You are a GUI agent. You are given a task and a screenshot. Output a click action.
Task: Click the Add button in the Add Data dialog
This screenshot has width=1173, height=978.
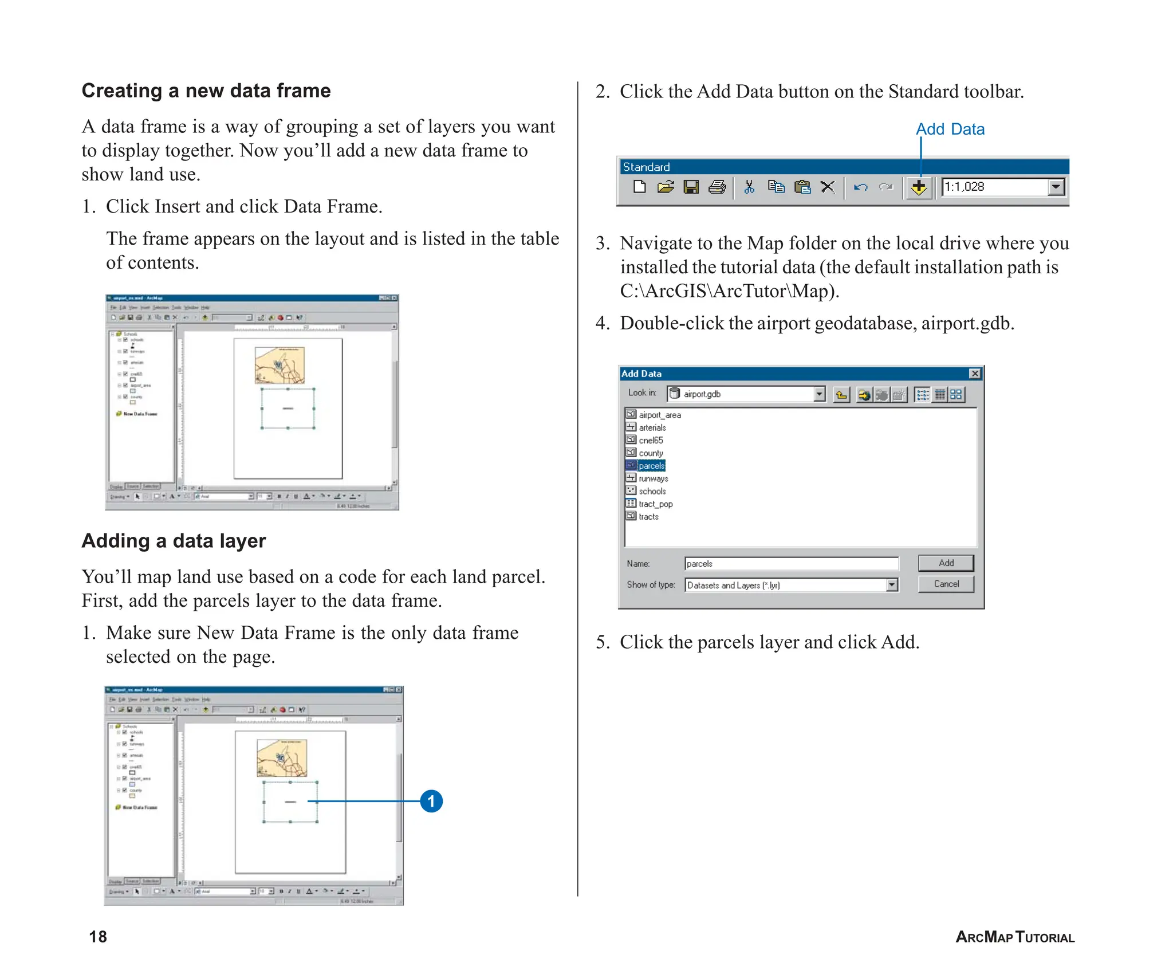coord(946,563)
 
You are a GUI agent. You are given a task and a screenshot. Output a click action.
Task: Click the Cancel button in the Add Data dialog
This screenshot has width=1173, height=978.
coord(946,584)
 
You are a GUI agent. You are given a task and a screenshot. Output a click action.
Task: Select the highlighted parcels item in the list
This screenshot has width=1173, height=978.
coord(651,466)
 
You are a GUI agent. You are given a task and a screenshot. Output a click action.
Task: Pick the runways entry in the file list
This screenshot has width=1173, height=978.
coord(653,478)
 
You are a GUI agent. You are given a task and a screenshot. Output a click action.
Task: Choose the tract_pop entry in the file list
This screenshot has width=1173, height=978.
coord(655,504)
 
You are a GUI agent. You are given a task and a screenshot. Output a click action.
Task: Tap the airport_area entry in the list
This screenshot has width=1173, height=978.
coord(659,415)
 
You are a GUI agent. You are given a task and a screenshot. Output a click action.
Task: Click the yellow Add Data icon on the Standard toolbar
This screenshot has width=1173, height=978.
coord(919,187)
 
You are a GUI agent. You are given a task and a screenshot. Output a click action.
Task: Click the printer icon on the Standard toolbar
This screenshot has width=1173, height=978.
coord(717,187)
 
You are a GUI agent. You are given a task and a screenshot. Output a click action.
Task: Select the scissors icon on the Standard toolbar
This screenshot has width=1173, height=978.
coord(749,187)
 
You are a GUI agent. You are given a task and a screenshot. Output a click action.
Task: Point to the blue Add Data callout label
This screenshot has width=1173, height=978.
coord(950,129)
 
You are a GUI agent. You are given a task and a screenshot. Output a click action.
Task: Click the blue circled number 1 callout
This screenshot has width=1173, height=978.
coord(431,801)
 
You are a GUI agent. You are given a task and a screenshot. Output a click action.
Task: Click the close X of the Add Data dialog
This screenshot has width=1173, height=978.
coord(975,374)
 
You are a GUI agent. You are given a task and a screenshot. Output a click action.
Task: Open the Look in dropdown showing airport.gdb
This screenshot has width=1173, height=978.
coord(819,394)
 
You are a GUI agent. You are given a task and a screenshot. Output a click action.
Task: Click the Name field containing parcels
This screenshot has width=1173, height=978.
coord(790,564)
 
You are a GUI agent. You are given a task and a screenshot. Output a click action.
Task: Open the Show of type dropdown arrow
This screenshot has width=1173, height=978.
coord(892,585)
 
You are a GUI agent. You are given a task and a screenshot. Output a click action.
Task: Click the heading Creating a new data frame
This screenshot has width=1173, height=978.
coord(206,91)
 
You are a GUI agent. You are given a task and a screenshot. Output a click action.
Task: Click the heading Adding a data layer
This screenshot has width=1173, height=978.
coord(174,541)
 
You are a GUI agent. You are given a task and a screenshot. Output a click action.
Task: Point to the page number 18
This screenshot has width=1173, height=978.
coord(98,937)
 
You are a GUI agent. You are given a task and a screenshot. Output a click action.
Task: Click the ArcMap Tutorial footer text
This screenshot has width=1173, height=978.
coord(1014,937)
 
